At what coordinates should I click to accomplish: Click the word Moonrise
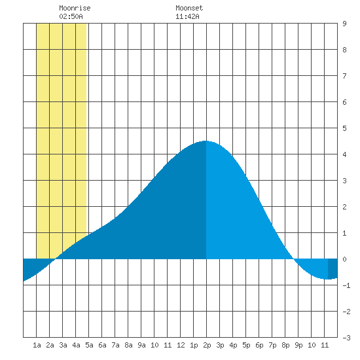(75, 8)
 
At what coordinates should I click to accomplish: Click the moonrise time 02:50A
(71, 16)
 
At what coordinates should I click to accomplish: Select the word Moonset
(189, 8)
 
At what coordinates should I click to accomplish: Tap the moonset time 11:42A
(187, 16)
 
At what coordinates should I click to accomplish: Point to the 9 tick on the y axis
(344, 24)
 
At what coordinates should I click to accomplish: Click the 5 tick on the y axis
(344, 128)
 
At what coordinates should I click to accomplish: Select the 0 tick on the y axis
(344, 259)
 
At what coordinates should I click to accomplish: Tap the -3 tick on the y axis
(346, 338)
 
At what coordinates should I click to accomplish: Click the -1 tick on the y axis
(346, 285)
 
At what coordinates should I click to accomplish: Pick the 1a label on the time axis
(37, 345)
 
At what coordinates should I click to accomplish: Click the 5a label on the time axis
(89, 345)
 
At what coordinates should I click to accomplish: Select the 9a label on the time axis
(141, 345)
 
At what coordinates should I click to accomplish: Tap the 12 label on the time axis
(181, 345)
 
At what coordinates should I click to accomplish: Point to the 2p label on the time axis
(207, 345)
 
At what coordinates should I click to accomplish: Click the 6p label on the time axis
(259, 345)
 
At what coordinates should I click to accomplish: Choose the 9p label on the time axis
(298, 345)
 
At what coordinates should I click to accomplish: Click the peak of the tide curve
(206, 141)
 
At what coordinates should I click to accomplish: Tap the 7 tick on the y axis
(344, 76)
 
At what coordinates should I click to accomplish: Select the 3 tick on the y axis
(344, 181)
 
